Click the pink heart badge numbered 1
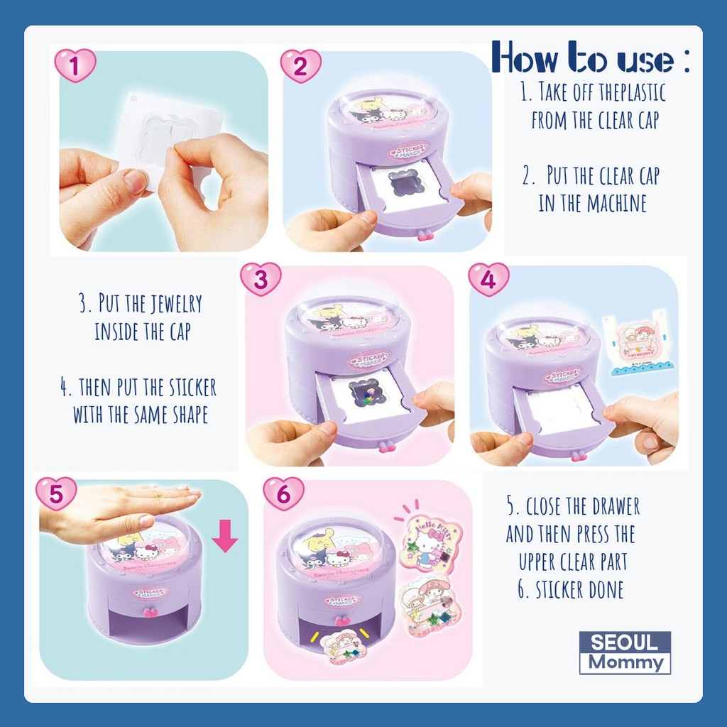pos(75,66)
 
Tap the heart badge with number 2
pos(300,66)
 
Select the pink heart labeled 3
pos(261,279)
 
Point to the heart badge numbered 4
pos(488,279)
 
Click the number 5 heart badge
pos(56,493)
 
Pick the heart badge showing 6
pos(283,493)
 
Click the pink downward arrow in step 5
pos(225,535)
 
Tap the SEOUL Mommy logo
pos(625,652)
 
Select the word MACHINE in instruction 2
pos(616,203)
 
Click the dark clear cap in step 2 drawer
pos(405,183)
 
